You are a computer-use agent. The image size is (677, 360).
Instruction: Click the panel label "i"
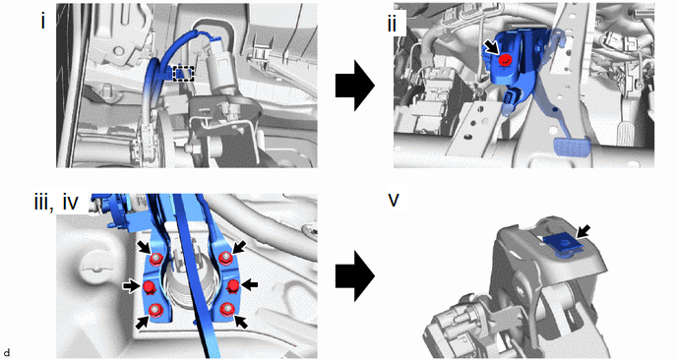[42, 22]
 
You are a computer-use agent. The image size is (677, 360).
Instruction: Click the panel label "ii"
[392, 25]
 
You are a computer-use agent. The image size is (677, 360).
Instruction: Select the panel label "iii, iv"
[56, 203]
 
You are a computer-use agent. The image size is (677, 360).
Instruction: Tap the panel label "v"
[394, 201]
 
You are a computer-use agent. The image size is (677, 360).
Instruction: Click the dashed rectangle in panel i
[184, 74]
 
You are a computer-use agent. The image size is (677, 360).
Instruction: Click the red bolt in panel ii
[504, 61]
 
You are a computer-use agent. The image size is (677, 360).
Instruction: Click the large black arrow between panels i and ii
[355, 86]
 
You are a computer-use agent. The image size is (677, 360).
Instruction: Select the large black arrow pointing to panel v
[355, 275]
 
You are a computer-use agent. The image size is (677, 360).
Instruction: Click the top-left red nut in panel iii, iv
[155, 259]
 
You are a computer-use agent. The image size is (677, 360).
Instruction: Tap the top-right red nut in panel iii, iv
[223, 259]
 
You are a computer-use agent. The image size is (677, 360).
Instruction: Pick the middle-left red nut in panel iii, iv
[149, 286]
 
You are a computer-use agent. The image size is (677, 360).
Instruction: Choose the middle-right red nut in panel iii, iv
[233, 286]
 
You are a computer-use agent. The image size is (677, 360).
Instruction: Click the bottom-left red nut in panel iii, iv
[155, 309]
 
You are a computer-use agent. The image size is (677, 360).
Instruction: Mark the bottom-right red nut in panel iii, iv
[226, 309]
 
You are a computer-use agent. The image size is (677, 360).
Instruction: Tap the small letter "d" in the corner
[6, 353]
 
